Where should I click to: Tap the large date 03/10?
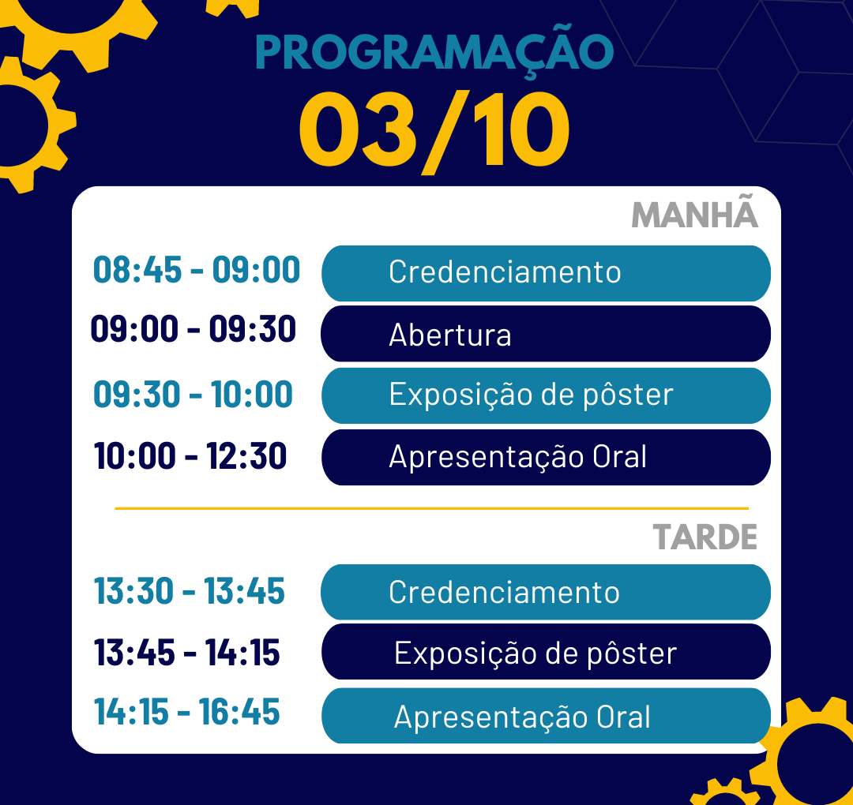pyautogui.click(x=434, y=132)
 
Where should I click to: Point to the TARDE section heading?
pyautogui.click(x=705, y=537)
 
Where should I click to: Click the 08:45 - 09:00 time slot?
pyautogui.click(x=197, y=270)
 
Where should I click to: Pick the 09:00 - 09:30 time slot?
pyautogui.click(x=194, y=329)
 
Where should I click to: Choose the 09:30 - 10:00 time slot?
pyautogui.click(x=193, y=394)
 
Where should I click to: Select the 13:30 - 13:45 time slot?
pyautogui.click(x=190, y=591)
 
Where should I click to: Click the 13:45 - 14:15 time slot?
pyautogui.click(x=187, y=652)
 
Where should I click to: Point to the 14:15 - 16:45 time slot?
pyautogui.click(x=187, y=712)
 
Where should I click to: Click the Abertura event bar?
pyautogui.click(x=546, y=334)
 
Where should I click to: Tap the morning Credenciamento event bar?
pyautogui.click(x=547, y=273)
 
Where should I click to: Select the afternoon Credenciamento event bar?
pyautogui.click(x=546, y=592)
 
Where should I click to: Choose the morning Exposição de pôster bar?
pyautogui.click(x=547, y=395)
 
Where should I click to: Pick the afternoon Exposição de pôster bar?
pyautogui.click(x=547, y=651)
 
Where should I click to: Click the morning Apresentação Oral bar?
pyautogui.click(x=547, y=457)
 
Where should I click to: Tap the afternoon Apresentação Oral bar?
pyautogui.click(x=547, y=715)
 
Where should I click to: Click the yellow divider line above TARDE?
pyautogui.click(x=432, y=508)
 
